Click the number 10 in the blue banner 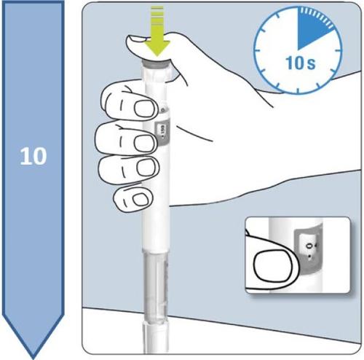33,156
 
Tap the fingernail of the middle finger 140,138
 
